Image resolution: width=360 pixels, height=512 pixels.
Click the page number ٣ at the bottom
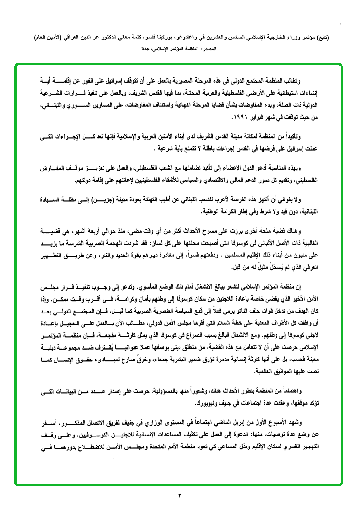click(x=180, y=496)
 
